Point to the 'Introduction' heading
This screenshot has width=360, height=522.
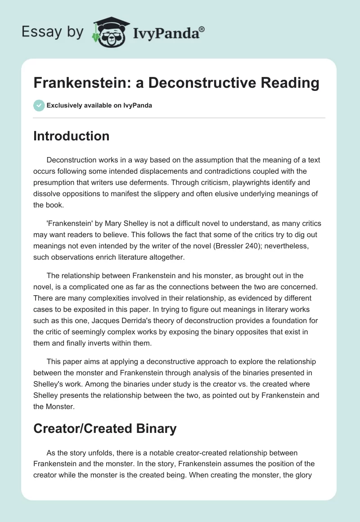(x=71, y=136)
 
